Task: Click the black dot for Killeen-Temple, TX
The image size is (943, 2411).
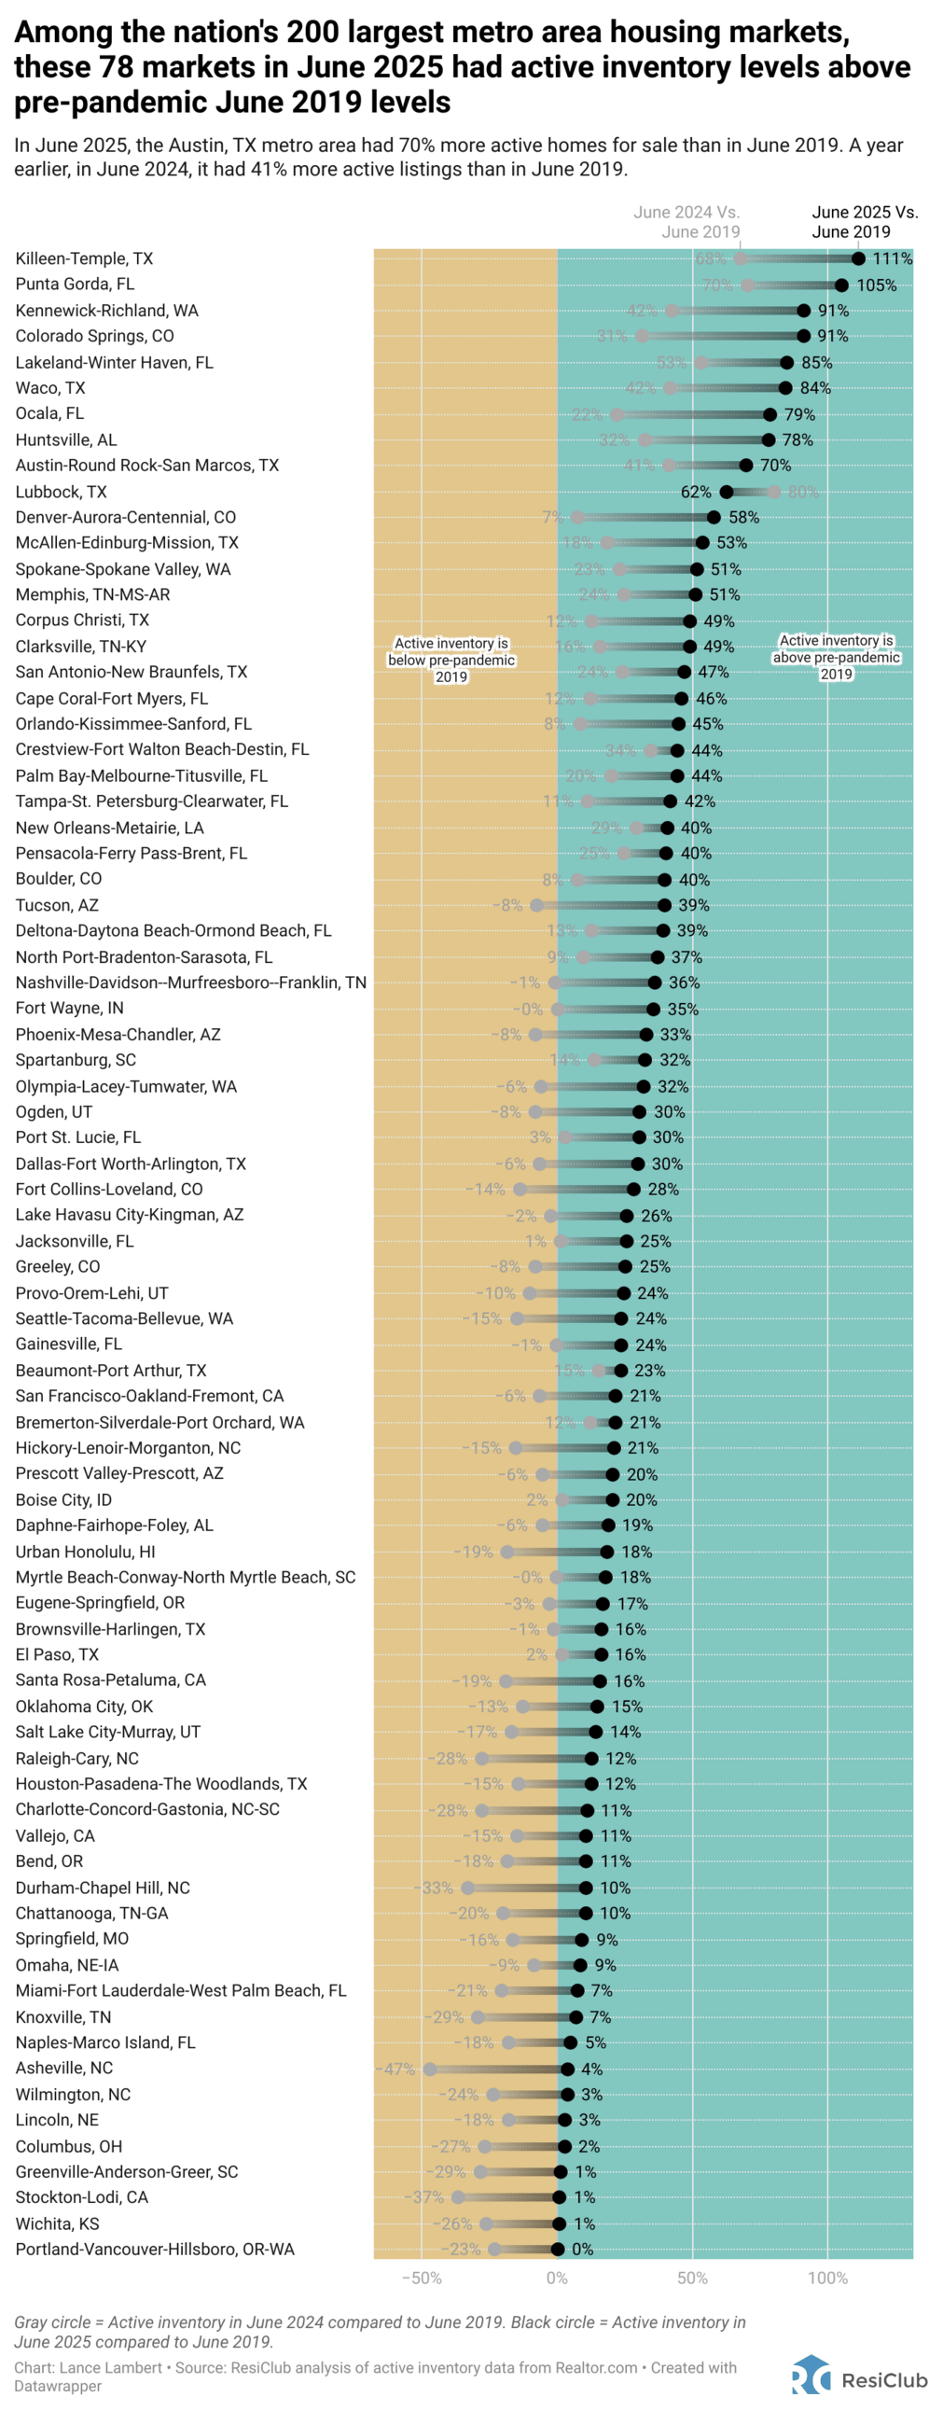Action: [x=858, y=258]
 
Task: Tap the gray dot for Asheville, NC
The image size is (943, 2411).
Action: [x=429, y=2069]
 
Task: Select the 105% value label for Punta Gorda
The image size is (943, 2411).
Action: [x=877, y=285]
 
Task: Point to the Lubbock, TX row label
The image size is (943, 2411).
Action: [x=61, y=492]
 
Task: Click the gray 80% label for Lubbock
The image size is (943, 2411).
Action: [x=803, y=492]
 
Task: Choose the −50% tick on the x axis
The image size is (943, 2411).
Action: [x=421, y=2278]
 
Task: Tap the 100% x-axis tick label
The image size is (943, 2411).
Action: [x=827, y=2278]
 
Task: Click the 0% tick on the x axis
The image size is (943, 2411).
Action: [x=557, y=2278]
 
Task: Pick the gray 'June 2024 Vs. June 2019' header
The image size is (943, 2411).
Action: [x=686, y=222]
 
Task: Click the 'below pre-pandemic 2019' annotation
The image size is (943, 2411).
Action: [x=451, y=660]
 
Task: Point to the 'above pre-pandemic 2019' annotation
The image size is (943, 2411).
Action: [x=836, y=657]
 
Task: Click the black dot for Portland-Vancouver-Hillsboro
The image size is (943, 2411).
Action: [x=558, y=2249]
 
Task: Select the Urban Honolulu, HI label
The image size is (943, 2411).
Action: [x=85, y=1551]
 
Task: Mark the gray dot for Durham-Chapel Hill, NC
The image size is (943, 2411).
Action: [x=467, y=1888]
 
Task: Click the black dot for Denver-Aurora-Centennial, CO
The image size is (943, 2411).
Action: [x=714, y=517]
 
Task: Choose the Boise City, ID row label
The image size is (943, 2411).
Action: [x=63, y=1499]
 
